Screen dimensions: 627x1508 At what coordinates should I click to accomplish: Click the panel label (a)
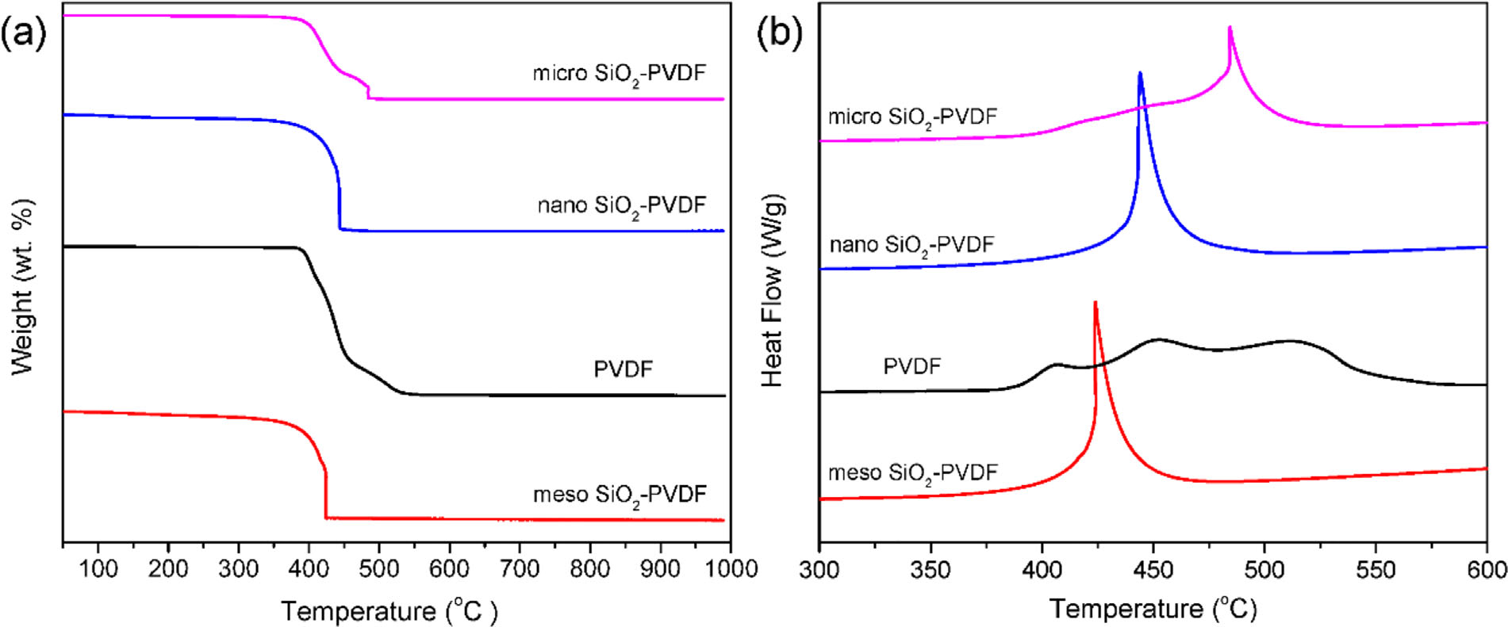point(23,33)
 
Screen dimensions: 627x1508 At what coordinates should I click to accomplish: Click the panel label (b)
point(780,33)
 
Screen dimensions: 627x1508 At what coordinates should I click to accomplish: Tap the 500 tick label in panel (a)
point(379,569)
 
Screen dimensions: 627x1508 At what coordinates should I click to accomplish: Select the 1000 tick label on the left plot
point(731,569)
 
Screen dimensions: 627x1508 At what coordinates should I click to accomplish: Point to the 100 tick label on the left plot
point(98,569)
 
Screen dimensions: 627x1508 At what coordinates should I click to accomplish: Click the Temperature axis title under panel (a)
point(389,611)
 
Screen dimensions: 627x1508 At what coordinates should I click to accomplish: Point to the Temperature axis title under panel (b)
point(1153,609)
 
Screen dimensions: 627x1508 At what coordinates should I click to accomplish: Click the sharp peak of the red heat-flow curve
point(1096,302)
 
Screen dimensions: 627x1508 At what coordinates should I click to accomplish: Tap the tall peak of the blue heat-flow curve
point(1140,73)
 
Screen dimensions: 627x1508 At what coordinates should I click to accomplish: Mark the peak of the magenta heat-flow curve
point(1230,28)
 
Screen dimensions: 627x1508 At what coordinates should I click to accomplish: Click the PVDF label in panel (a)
point(623,369)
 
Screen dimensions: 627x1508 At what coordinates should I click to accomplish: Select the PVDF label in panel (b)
point(911,366)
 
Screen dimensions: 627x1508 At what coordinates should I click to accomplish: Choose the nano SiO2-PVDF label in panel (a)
point(621,206)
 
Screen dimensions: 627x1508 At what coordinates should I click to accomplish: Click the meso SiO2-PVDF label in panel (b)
point(912,473)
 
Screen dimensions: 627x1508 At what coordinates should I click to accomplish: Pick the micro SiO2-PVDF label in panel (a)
point(619,74)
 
